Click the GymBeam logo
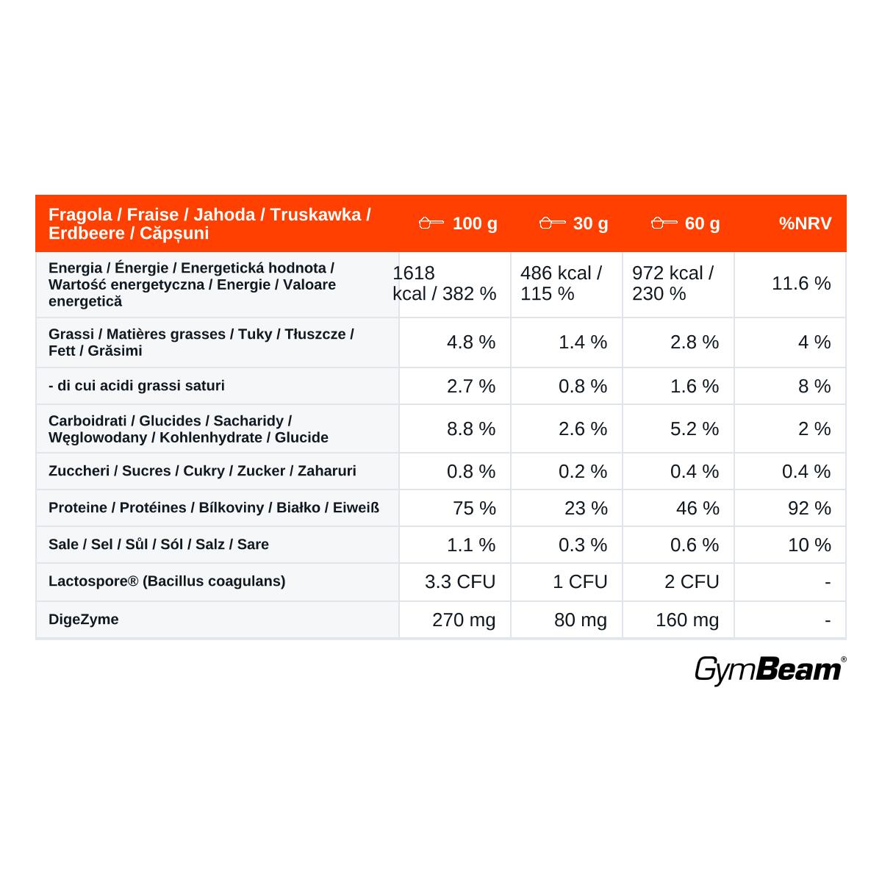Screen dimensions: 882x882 [770, 670]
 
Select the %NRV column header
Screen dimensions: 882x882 [805, 223]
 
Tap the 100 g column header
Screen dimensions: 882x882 [475, 224]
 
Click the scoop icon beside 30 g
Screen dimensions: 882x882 [552, 223]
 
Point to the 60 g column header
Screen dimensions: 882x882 [702, 224]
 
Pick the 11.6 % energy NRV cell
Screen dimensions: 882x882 [801, 283]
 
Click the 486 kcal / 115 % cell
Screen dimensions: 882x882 [561, 283]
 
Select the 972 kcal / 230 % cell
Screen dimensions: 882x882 [673, 283]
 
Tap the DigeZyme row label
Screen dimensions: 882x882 [83, 620]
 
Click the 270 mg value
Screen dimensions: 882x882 [464, 620]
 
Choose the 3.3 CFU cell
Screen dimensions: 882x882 [460, 581]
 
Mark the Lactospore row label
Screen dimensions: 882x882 [167, 581]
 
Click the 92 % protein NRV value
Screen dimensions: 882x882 [809, 508]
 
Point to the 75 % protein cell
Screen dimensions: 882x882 [474, 508]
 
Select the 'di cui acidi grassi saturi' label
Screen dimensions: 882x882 [137, 386]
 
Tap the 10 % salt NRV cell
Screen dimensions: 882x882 [809, 545]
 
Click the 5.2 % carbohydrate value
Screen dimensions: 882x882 [695, 429]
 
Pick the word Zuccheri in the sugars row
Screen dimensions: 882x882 [79, 471]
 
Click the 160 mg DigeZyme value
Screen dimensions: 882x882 [687, 620]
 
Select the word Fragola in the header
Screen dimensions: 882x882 [80, 215]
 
